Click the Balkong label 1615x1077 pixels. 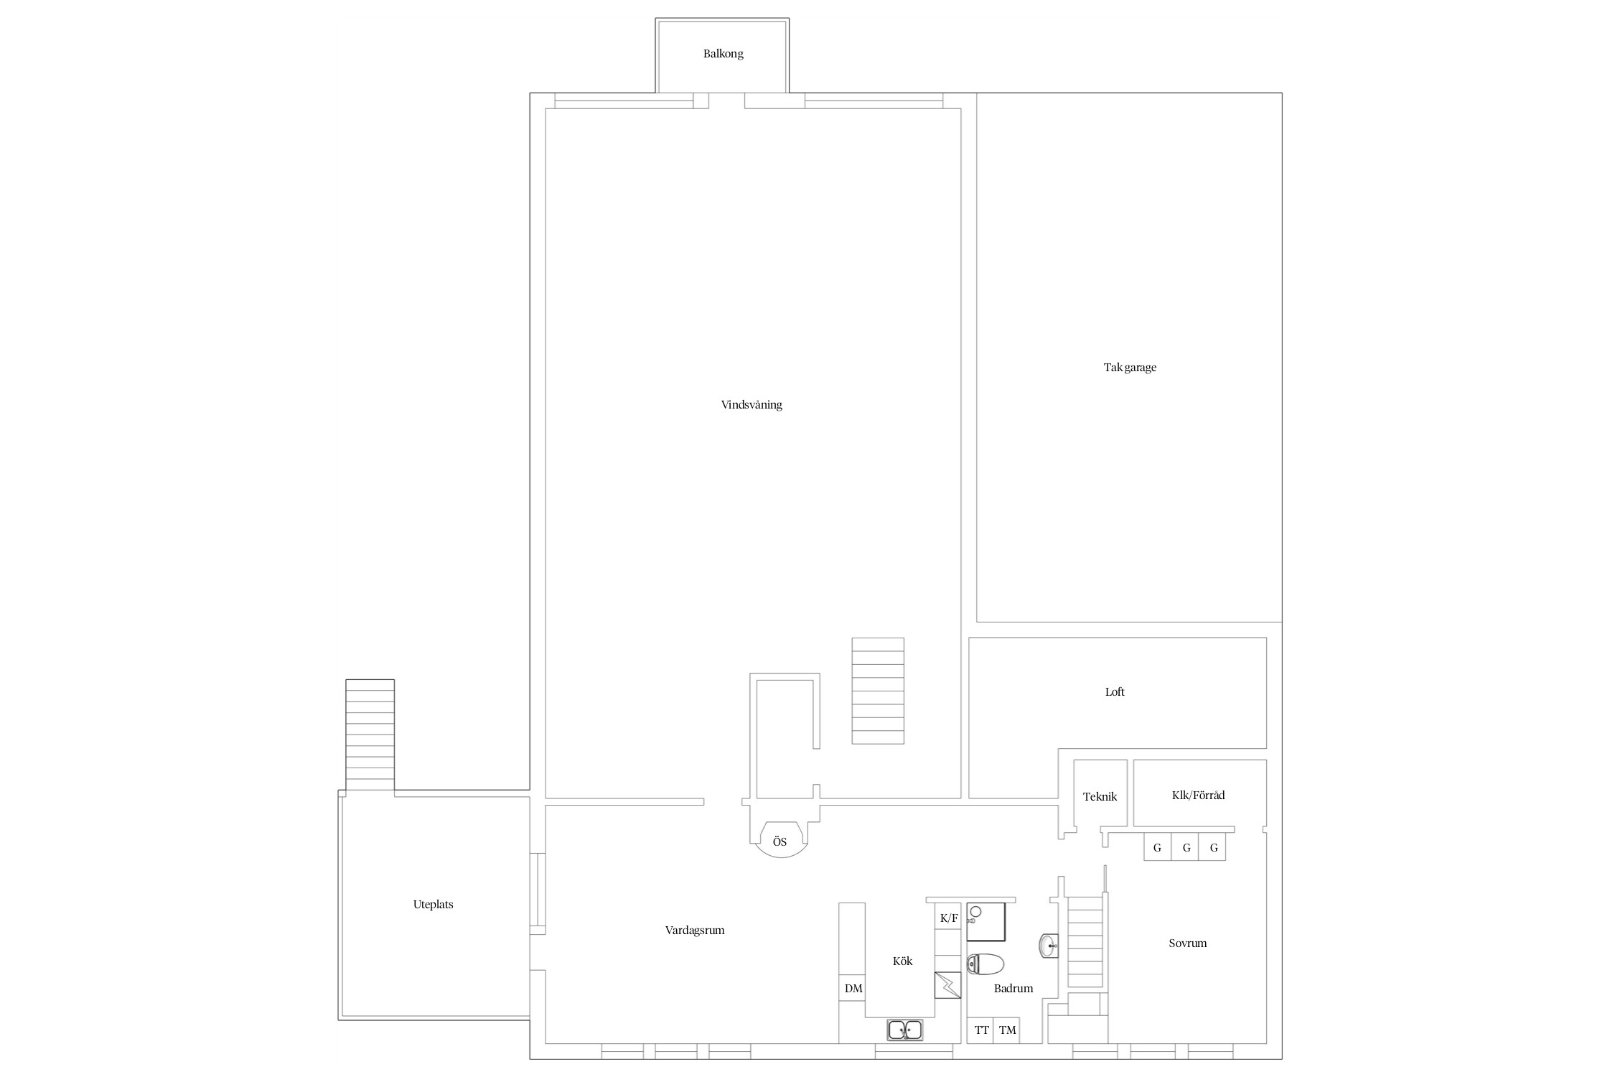point(723,54)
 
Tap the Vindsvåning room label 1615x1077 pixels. point(752,405)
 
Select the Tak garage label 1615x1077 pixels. point(1130,368)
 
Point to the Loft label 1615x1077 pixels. point(1115,692)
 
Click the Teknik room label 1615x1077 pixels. point(1100,796)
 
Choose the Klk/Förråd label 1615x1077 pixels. point(1198,795)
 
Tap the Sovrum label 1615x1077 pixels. point(1187,943)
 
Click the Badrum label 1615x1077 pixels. point(1014,989)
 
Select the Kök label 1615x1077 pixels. point(902,961)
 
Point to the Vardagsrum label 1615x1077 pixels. point(695,931)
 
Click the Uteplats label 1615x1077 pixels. point(433,905)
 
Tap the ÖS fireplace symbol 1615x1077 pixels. point(780,840)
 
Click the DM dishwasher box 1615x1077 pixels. point(853,989)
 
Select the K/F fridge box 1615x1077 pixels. point(948,918)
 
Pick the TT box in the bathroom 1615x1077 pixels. point(981,1030)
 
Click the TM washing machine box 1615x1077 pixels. point(1007,1030)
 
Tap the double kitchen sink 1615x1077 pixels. point(905,1030)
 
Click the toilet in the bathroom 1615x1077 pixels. point(986,964)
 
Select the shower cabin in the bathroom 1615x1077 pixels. point(986,922)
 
